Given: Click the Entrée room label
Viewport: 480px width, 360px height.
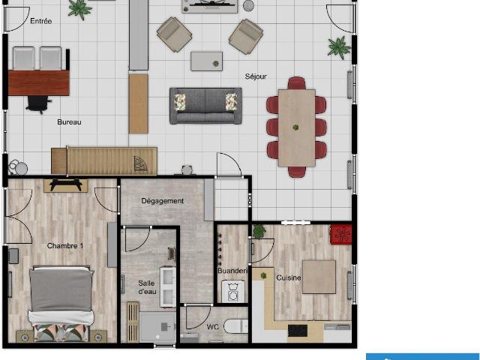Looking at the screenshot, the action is tap(41, 21).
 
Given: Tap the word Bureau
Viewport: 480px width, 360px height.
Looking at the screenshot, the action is tap(69, 122).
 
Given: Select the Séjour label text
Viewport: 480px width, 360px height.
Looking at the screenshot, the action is tap(256, 76).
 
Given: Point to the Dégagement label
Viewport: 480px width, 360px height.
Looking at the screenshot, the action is tap(163, 201).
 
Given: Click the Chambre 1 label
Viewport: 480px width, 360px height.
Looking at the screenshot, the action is tap(65, 246).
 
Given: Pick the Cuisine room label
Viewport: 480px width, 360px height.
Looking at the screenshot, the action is tap(288, 278).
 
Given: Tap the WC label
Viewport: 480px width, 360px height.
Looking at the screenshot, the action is tap(213, 327).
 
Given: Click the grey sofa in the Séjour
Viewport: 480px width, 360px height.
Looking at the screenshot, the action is tap(205, 106).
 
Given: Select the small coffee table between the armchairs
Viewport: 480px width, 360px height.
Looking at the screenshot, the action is tap(207, 61).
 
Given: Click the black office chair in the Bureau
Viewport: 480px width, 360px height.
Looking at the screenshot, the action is tap(38, 103).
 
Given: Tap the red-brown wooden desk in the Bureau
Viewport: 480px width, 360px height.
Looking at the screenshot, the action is tap(38, 82).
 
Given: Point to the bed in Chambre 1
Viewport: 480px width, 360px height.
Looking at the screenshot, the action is tap(61, 303).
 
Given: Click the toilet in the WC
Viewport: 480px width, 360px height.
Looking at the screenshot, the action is tap(235, 326).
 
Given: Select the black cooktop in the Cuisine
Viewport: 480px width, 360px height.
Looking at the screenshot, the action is tap(298, 331).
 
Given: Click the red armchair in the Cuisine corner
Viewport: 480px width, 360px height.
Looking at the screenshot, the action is tap(340, 235).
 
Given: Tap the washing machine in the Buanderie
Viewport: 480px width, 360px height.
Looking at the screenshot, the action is tap(233, 292).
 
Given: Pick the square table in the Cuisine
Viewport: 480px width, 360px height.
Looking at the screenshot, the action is tap(319, 277).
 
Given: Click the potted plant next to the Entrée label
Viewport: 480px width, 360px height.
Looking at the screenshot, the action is tap(79, 9).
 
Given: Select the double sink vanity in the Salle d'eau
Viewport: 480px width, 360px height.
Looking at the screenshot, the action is tap(168, 286).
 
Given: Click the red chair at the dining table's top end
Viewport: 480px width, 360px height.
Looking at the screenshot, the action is tap(297, 83).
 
